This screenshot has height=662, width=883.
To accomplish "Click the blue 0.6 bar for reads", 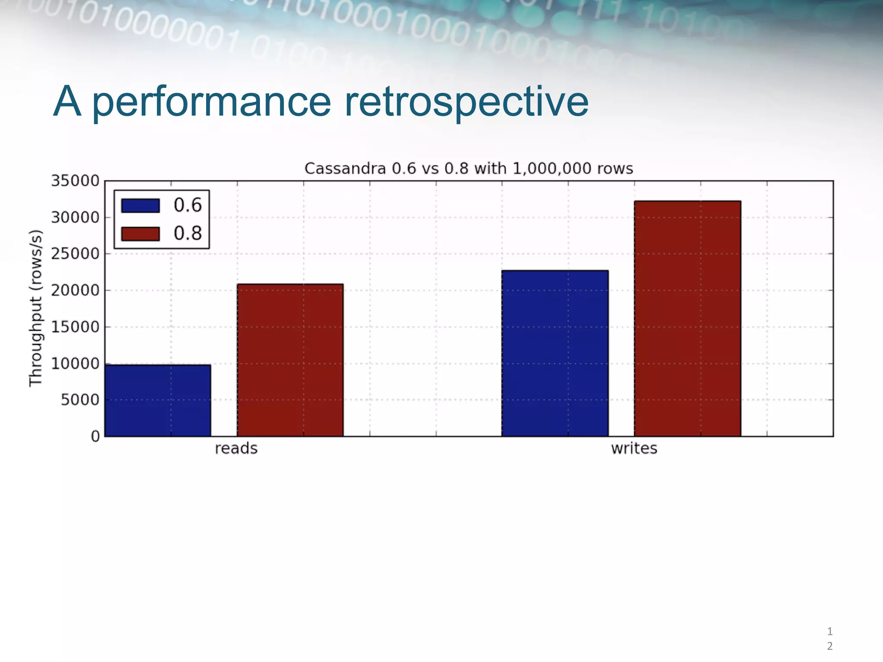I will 158,400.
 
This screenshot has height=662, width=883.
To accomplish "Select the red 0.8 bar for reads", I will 290,360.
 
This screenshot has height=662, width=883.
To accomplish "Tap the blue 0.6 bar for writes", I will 555,353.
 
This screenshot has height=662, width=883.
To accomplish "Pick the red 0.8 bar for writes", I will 687,319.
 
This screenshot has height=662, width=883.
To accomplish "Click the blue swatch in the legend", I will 140,206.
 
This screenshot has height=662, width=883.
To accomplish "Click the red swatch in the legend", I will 140,234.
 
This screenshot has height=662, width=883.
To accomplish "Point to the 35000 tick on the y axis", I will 75,181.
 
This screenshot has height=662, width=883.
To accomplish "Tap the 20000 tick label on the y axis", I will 75,290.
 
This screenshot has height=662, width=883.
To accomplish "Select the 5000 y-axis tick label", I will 80,400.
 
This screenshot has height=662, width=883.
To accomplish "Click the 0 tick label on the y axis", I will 95,437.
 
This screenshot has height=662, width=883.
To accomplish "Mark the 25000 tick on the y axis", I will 75,254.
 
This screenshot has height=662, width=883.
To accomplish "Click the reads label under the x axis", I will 236,449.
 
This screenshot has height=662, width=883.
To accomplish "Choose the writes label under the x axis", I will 634,449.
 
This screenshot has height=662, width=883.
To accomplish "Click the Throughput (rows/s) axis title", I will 36,308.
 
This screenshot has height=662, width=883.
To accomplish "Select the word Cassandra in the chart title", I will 345,169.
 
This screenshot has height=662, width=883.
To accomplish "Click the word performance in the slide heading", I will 211,103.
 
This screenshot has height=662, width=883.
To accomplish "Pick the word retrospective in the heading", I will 467,103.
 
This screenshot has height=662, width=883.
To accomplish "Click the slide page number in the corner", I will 830,639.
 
